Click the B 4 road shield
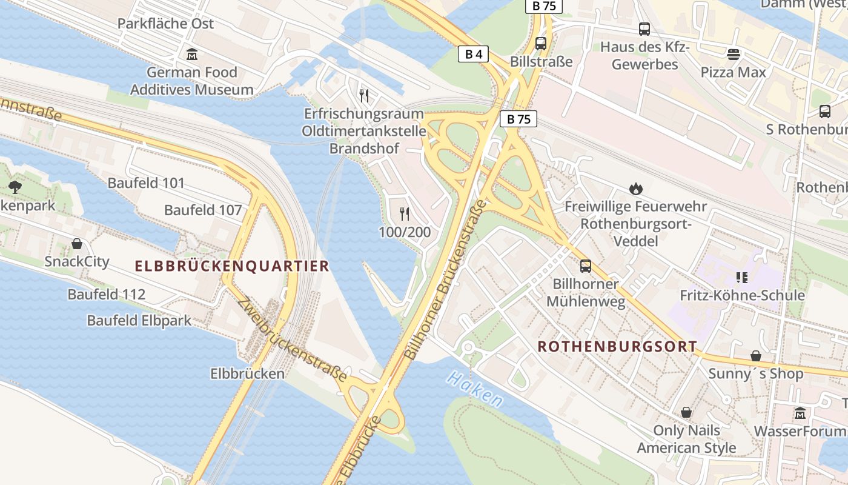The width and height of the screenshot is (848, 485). click(473, 55)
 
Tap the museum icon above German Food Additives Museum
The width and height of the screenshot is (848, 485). click(192, 54)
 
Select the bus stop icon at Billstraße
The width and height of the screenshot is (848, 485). click(541, 44)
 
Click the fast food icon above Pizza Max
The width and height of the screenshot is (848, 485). click(734, 55)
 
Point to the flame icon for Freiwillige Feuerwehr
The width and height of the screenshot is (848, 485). click(635, 189)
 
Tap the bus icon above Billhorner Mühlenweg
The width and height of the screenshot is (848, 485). click(585, 266)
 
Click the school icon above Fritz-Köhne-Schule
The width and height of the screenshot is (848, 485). click(742, 278)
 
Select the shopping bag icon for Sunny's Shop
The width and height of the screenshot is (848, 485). click(756, 355)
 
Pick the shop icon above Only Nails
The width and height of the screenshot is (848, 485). click(686, 412)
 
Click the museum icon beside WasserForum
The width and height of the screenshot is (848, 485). click(800, 413)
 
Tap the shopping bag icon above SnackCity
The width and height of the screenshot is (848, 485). click(77, 244)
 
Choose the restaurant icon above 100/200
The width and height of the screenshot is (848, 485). click(405, 213)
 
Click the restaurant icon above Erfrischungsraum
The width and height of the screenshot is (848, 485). click(364, 95)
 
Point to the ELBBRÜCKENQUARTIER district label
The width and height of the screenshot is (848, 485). click(232, 266)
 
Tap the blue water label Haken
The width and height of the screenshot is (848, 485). click(475, 389)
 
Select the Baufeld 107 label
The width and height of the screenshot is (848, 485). click(203, 210)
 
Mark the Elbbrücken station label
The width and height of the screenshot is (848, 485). click(247, 373)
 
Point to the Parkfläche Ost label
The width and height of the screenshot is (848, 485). click(165, 24)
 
